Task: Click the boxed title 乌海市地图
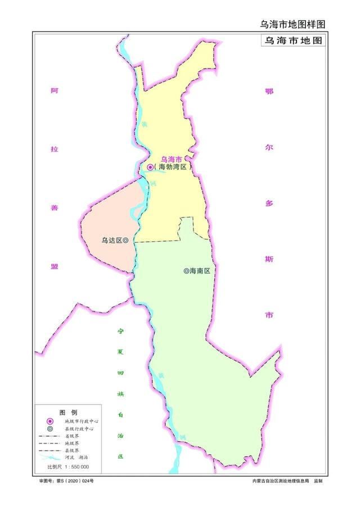pyautogui.click(x=292, y=41)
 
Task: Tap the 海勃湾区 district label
pyautogui.click(x=172, y=167)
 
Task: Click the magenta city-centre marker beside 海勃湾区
pyautogui.click(x=151, y=167)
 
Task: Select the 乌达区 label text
pyautogui.click(x=111, y=240)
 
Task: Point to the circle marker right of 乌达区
pyautogui.click(x=125, y=240)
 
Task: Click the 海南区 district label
pyautogui.click(x=200, y=271)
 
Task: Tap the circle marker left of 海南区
pyautogui.click(x=186, y=271)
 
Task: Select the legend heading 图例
pyautogui.click(x=67, y=412)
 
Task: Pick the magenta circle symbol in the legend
pyautogui.click(x=50, y=421)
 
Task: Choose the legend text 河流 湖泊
pyautogui.click(x=75, y=458)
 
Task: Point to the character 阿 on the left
pyautogui.click(x=54, y=90)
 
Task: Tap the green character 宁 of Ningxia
pyautogui.click(x=120, y=332)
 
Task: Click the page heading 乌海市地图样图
pyautogui.click(x=292, y=24)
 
